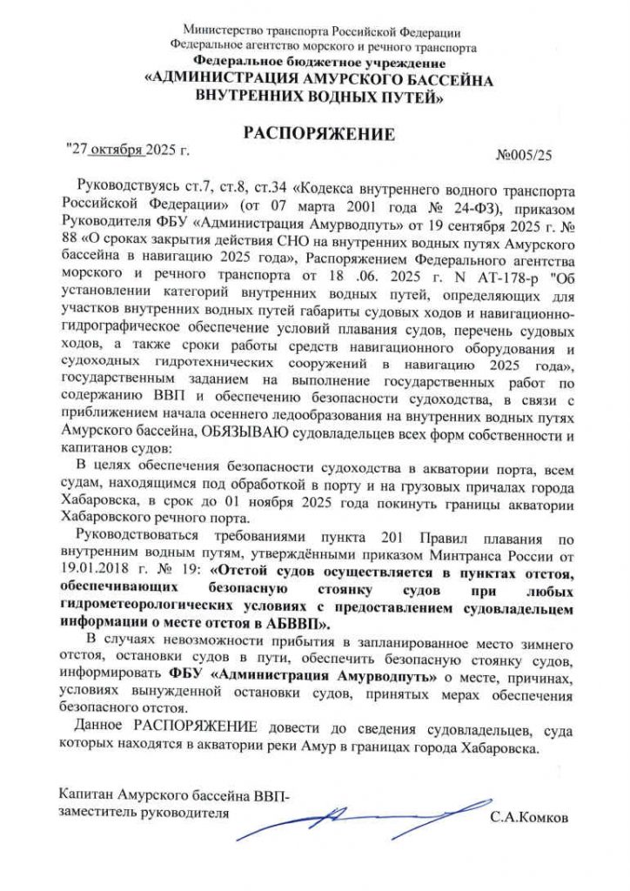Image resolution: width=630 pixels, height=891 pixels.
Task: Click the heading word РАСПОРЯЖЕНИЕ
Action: click(318, 135)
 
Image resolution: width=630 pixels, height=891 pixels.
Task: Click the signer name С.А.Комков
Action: click(528, 819)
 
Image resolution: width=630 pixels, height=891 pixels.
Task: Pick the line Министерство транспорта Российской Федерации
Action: click(315, 32)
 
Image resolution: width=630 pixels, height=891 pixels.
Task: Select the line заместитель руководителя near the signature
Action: click(144, 812)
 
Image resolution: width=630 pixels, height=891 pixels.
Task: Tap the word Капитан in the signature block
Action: click(88, 794)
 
